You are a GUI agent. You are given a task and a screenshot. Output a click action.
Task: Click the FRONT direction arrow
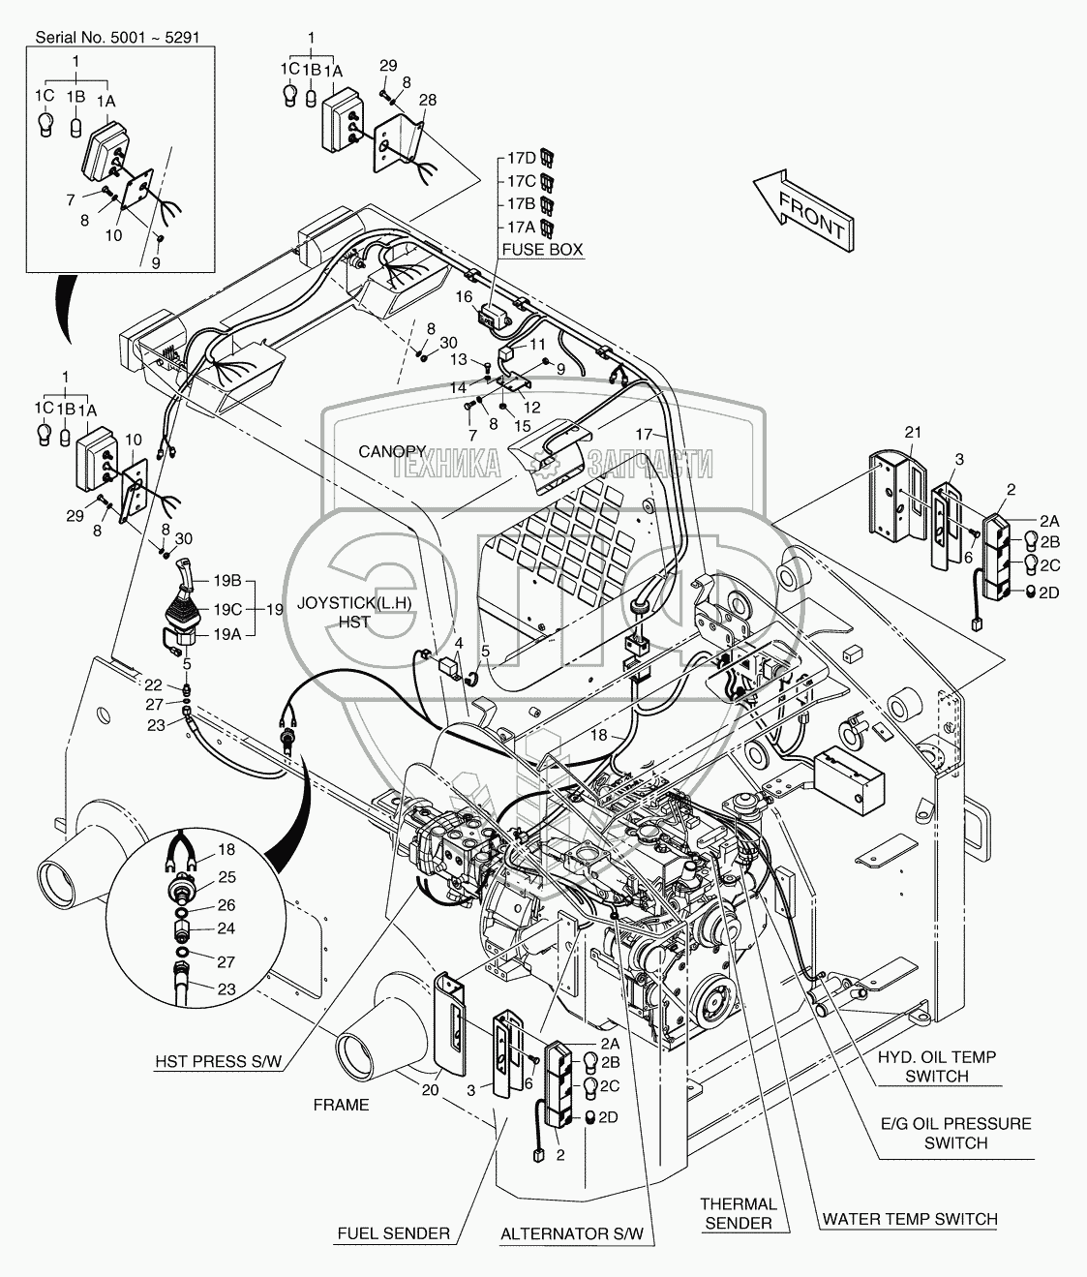pyautogui.click(x=803, y=211)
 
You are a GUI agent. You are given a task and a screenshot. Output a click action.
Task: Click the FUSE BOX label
pyautogui.click(x=542, y=250)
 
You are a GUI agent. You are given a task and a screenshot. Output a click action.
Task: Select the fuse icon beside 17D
pyautogui.click(x=548, y=157)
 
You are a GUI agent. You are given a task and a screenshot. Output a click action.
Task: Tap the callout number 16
pyautogui.click(x=464, y=297)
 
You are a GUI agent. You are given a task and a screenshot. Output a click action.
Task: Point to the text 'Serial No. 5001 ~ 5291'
pyautogui.click(x=117, y=38)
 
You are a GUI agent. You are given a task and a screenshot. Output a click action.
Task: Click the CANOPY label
pyautogui.click(x=392, y=451)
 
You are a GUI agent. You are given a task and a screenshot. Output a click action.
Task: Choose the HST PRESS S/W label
pyautogui.click(x=218, y=1061)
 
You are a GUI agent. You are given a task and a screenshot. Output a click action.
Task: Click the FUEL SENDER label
pyautogui.click(x=393, y=1233)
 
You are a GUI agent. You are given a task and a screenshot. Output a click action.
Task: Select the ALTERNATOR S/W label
pyautogui.click(x=572, y=1233)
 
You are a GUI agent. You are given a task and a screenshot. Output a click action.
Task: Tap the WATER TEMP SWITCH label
pyautogui.click(x=911, y=1219)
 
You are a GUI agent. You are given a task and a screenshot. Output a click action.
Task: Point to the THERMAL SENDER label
pyautogui.click(x=739, y=1213)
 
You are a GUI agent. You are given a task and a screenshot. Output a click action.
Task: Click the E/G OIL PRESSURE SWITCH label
pyautogui.click(x=956, y=1133)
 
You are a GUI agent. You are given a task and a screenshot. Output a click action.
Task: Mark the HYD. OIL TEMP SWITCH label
pyautogui.click(x=937, y=1066)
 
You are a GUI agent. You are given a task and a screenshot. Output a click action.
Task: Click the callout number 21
pyautogui.click(x=913, y=433)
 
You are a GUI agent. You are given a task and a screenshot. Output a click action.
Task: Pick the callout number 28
pyautogui.click(x=428, y=100)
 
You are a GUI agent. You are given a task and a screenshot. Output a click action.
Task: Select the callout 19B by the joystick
pyautogui.click(x=227, y=580)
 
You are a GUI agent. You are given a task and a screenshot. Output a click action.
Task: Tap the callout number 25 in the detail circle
pyautogui.click(x=226, y=877)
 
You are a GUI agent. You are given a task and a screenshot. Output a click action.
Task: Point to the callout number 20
pyautogui.click(x=431, y=1090)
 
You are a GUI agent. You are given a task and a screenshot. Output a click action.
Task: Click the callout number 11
pyautogui.click(x=538, y=344)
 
